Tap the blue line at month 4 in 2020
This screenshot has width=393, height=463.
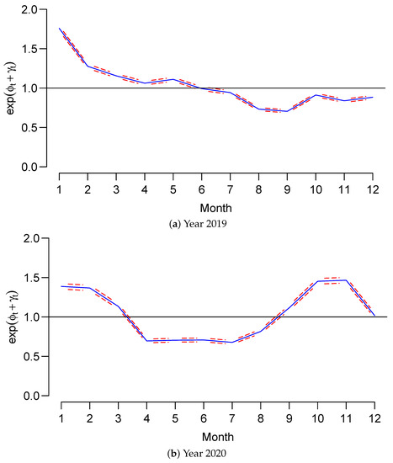[x=145, y=341]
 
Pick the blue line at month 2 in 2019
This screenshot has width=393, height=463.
[x=88, y=66]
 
